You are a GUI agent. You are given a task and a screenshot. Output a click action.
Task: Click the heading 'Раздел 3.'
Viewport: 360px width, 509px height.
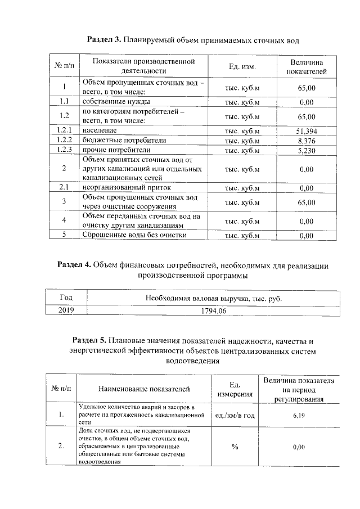105,40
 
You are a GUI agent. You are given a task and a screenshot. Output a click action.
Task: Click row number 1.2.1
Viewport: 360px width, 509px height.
65,131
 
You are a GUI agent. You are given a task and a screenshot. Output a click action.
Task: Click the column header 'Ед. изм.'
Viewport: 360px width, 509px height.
242,67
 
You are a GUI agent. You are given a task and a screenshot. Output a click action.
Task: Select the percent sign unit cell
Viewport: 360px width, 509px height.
235,447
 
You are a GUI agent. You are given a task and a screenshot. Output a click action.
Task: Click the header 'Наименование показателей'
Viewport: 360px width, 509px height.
144,389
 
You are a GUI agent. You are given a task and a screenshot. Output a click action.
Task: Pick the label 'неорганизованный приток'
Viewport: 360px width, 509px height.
126,188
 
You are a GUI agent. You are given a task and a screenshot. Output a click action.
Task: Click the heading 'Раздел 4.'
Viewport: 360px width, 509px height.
74,265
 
